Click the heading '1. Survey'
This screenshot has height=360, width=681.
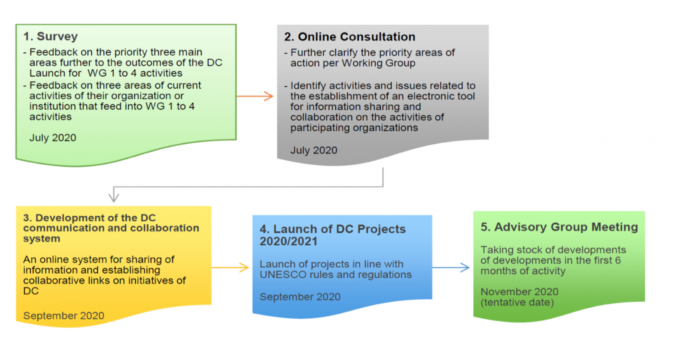51,36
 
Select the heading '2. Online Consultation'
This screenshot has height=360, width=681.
350,36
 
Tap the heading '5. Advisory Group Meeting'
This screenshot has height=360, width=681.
559,227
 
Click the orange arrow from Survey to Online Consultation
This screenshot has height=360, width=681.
255,96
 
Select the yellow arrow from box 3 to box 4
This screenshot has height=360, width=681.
230,267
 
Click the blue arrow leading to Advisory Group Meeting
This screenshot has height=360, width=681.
451,267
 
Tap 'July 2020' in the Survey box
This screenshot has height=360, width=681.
53,137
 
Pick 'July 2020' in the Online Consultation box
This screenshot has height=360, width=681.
314,150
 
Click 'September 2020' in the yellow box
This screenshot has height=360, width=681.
64,316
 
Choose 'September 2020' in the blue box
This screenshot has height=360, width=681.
300,297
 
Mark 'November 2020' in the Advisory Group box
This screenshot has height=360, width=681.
519,291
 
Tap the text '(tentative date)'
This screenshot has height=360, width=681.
517,302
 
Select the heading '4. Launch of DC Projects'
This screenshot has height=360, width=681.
333,229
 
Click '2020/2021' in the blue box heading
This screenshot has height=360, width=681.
288,241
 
